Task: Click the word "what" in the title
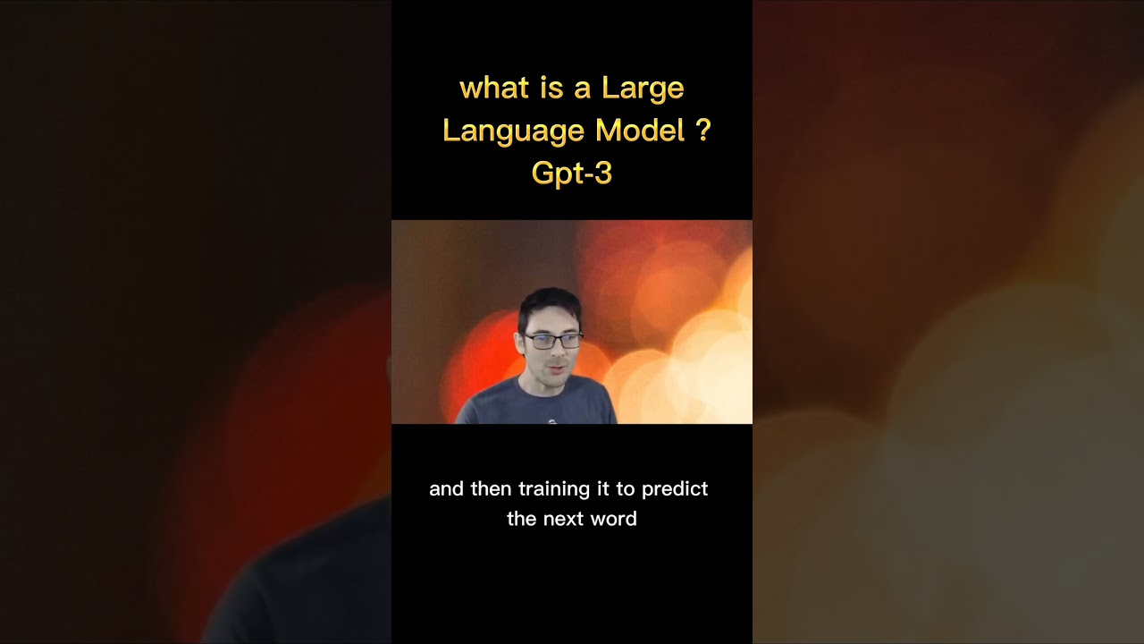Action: click(487, 89)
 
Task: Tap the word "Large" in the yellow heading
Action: click(643, 89)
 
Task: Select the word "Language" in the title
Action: click(513, 131)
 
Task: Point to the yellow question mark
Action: click(702, 131)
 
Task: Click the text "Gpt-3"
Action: click(572, 173)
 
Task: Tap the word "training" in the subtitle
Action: click(555, 489)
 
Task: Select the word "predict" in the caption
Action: click(676, 489)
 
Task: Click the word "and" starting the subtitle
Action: click(446, 489)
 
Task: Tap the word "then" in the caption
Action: click(492, 489)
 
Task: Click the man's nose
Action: click(558, 352)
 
